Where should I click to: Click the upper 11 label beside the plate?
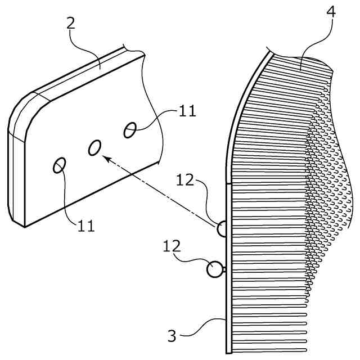pos(187,110)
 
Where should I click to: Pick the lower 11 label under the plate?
pos(86,226)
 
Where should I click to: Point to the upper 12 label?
pos(186,181)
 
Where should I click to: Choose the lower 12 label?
pos(172,246)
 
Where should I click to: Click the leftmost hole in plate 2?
pos(59,165)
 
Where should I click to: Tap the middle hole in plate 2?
pos(95,147)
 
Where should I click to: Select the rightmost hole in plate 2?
pos(130,129)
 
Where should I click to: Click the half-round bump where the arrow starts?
pos(222,229)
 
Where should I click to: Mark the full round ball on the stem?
pos(214,269)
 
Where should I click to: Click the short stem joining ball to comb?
pos(223,269)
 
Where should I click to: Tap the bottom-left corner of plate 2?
pos(24,226)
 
